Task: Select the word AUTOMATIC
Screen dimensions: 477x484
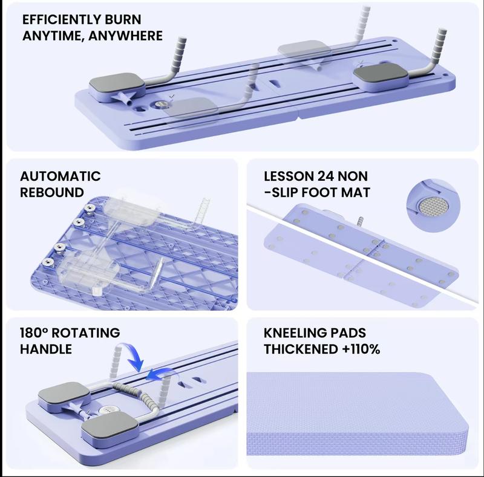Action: click(x=60, y=177)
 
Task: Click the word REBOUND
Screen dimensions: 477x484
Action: click(x=52, y=193)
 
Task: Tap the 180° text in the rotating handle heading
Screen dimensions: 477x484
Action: click(x=37, y=333)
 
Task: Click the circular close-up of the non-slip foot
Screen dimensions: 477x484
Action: click(x=434, y=204)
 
